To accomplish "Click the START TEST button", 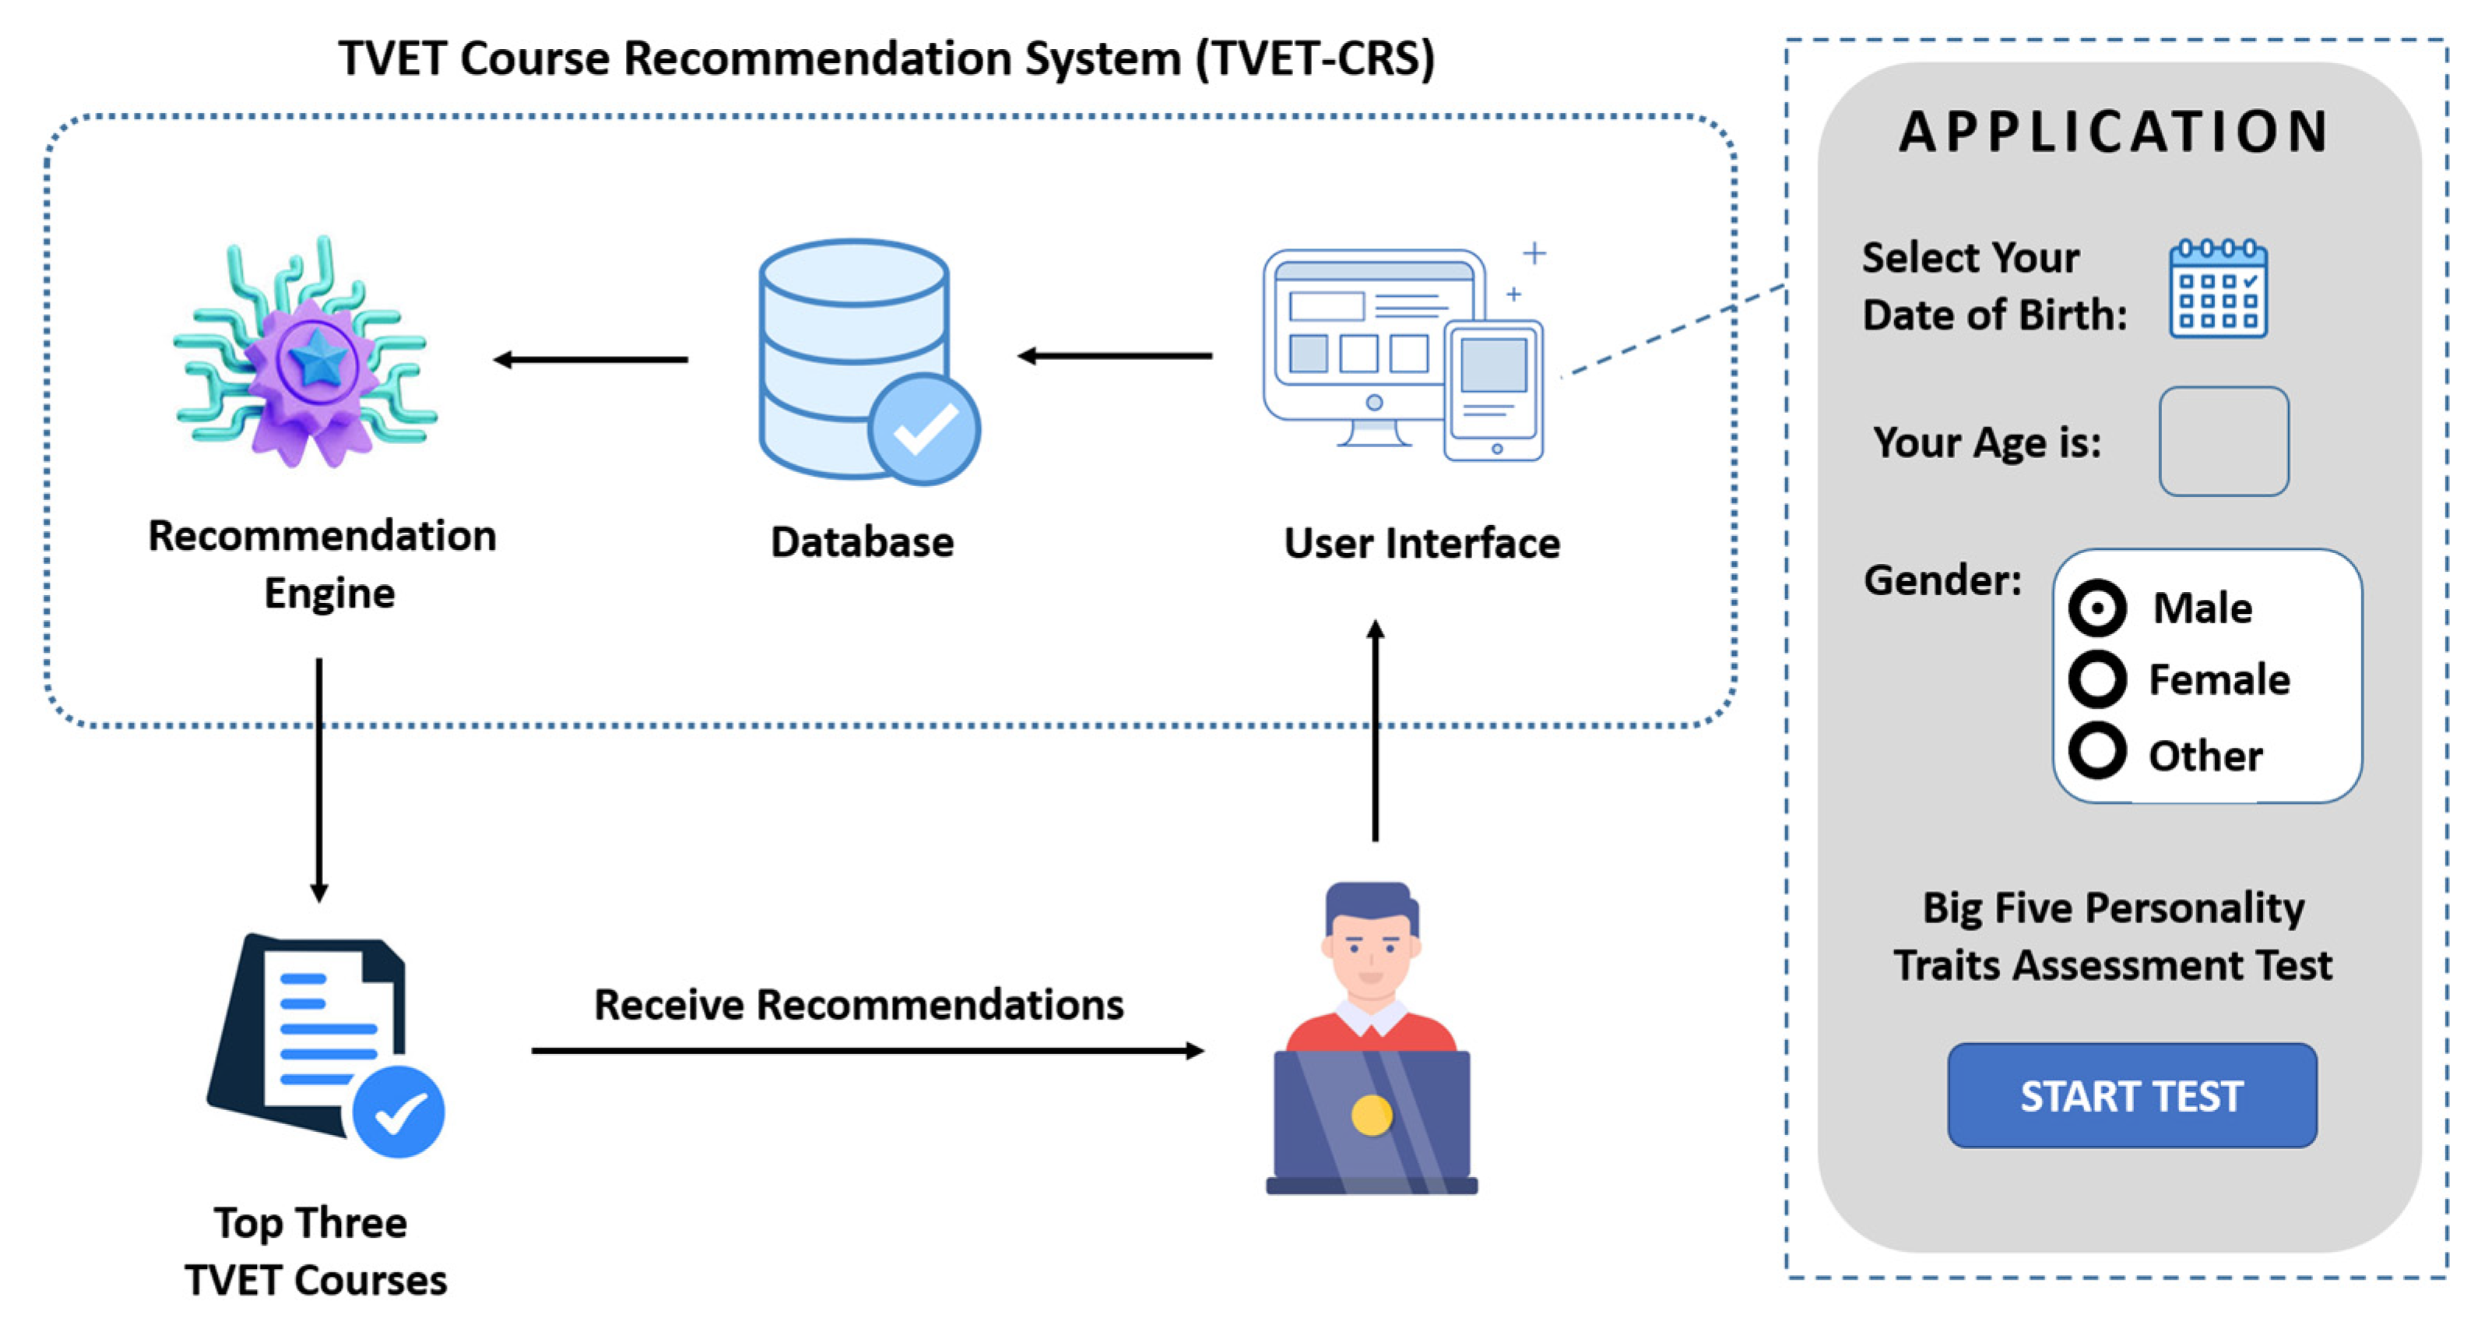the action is click(2132, 1095).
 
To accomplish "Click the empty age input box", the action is click(2223, 442).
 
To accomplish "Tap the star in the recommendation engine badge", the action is click(318, 361).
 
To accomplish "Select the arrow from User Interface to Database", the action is click(1115, 356).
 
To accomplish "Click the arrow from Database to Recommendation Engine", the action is click(590, 360).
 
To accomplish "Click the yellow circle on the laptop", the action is click(1371, 1115).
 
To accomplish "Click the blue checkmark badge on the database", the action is click(924, 429).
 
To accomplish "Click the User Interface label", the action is click(1422, 543).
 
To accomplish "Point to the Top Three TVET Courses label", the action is click(315, 1251).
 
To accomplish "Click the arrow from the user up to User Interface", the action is click(1376, 730).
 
